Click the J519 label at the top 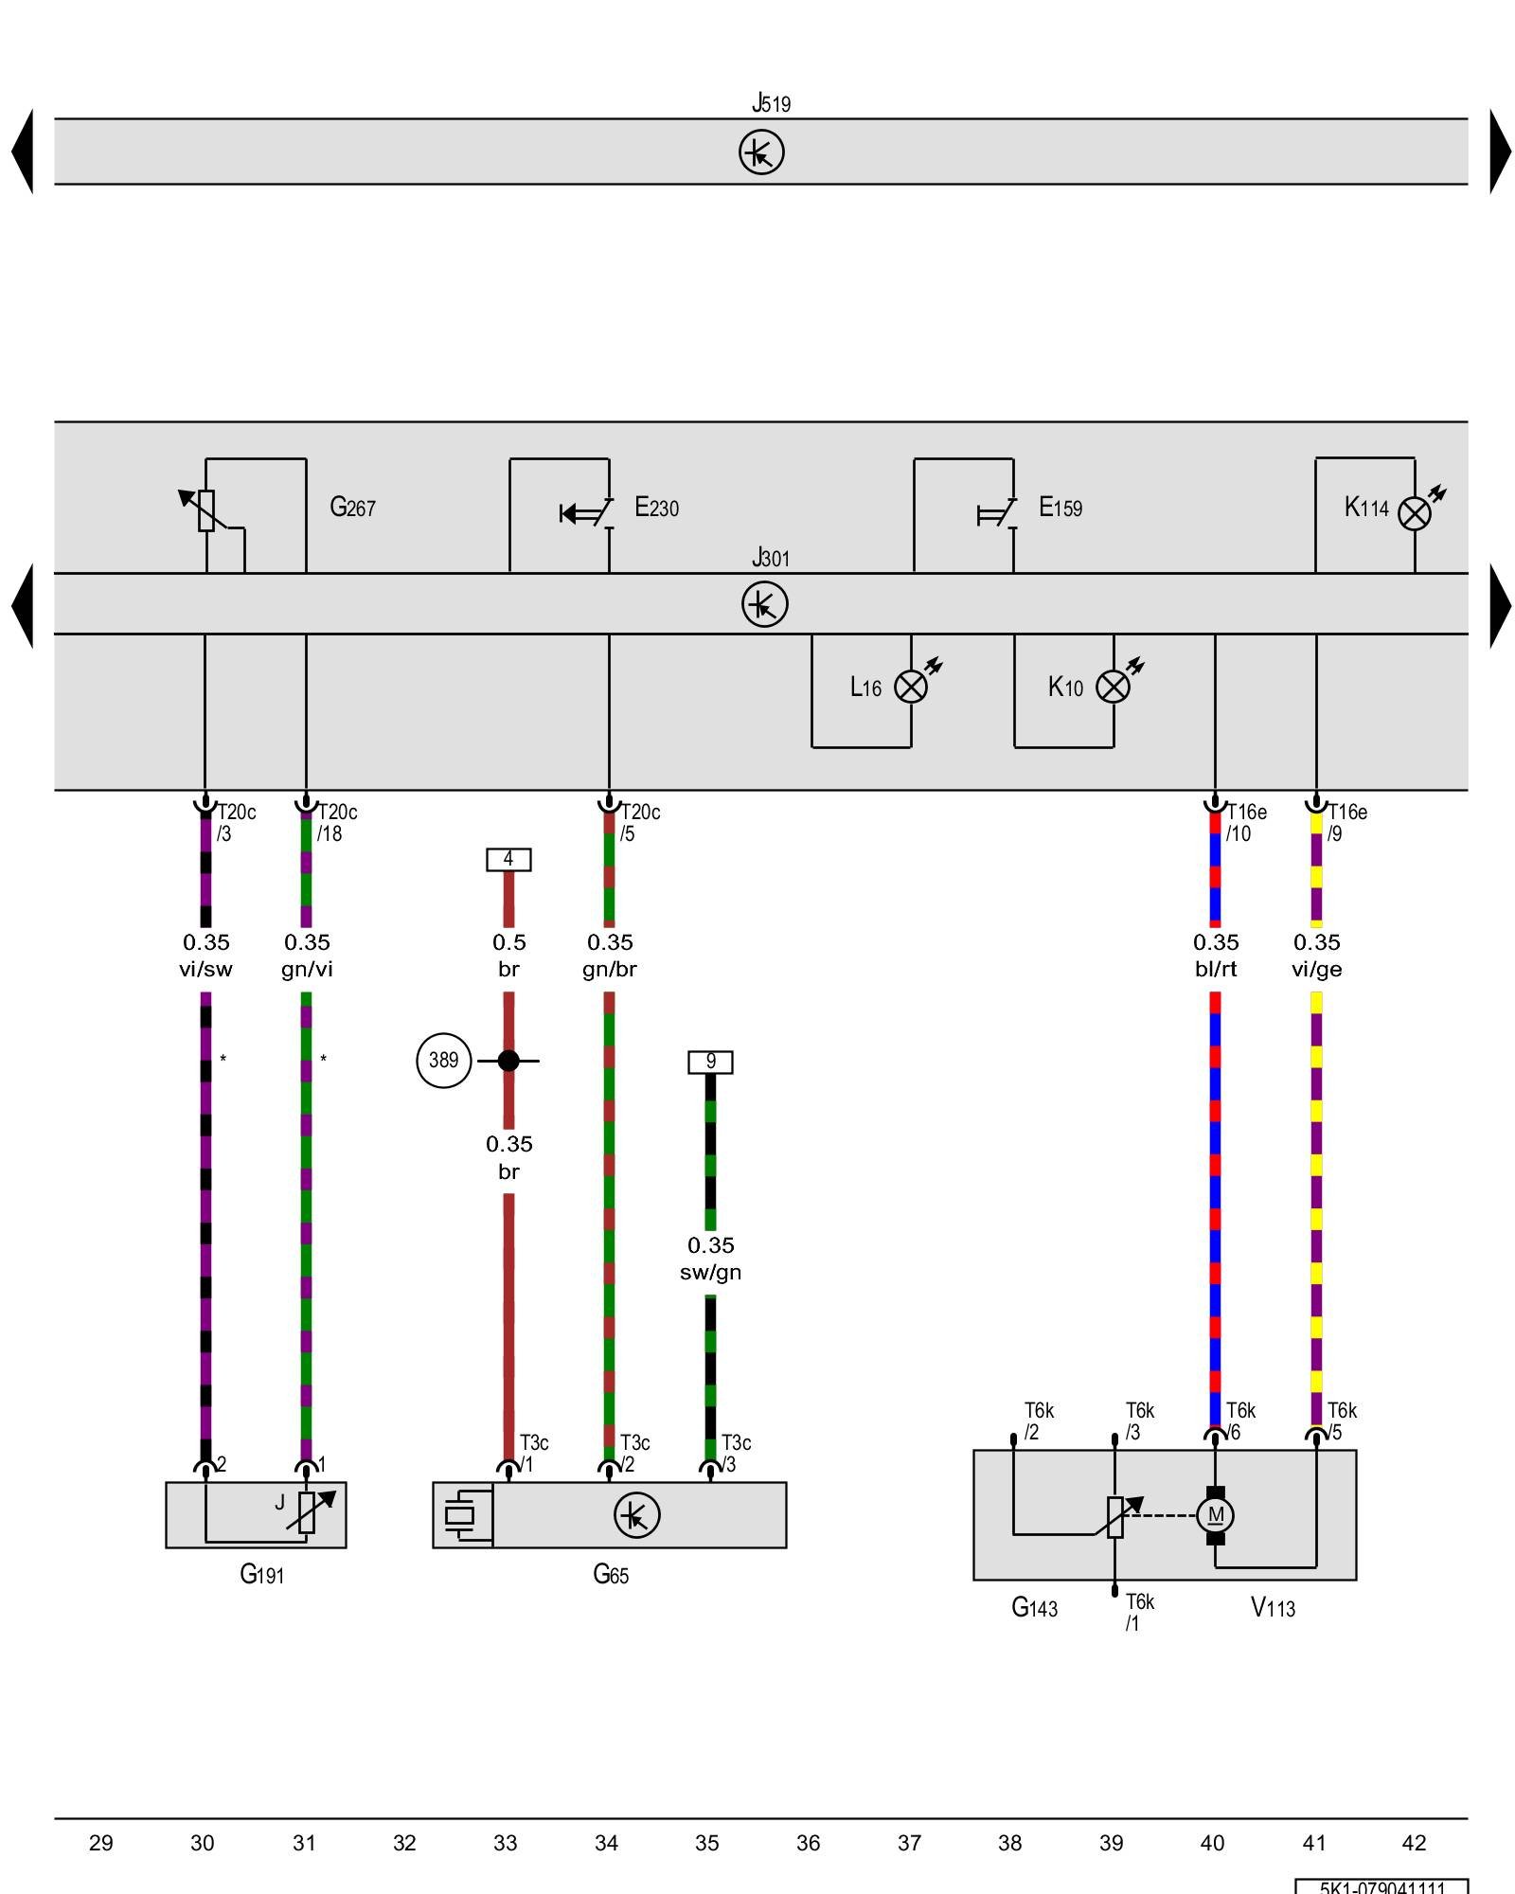tap(771, 102)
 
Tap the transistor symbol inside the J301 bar tap(764, 604)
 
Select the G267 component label tap(352, 508)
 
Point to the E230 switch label tap(656, 508)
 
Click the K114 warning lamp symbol tap(1415, 514)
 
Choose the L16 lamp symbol tap(911, 687)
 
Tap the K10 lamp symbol tap(1113, 687)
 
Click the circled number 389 tap(443, 1061)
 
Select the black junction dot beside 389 tap(508, 1061)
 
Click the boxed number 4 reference tap(508, 859)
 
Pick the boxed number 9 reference tap(710, 1062)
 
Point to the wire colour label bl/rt tap(1216, 969)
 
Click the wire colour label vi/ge tap(1316, 969)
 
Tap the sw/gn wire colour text tap(710, 1272)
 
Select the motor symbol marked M tap(1216, 1515)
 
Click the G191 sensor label tap(261, 1574)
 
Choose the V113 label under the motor tap(1273, 1607)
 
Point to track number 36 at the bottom tap(808, 1843)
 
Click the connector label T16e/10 tap(1245, 822)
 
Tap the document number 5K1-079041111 tap(1382, 1886)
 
